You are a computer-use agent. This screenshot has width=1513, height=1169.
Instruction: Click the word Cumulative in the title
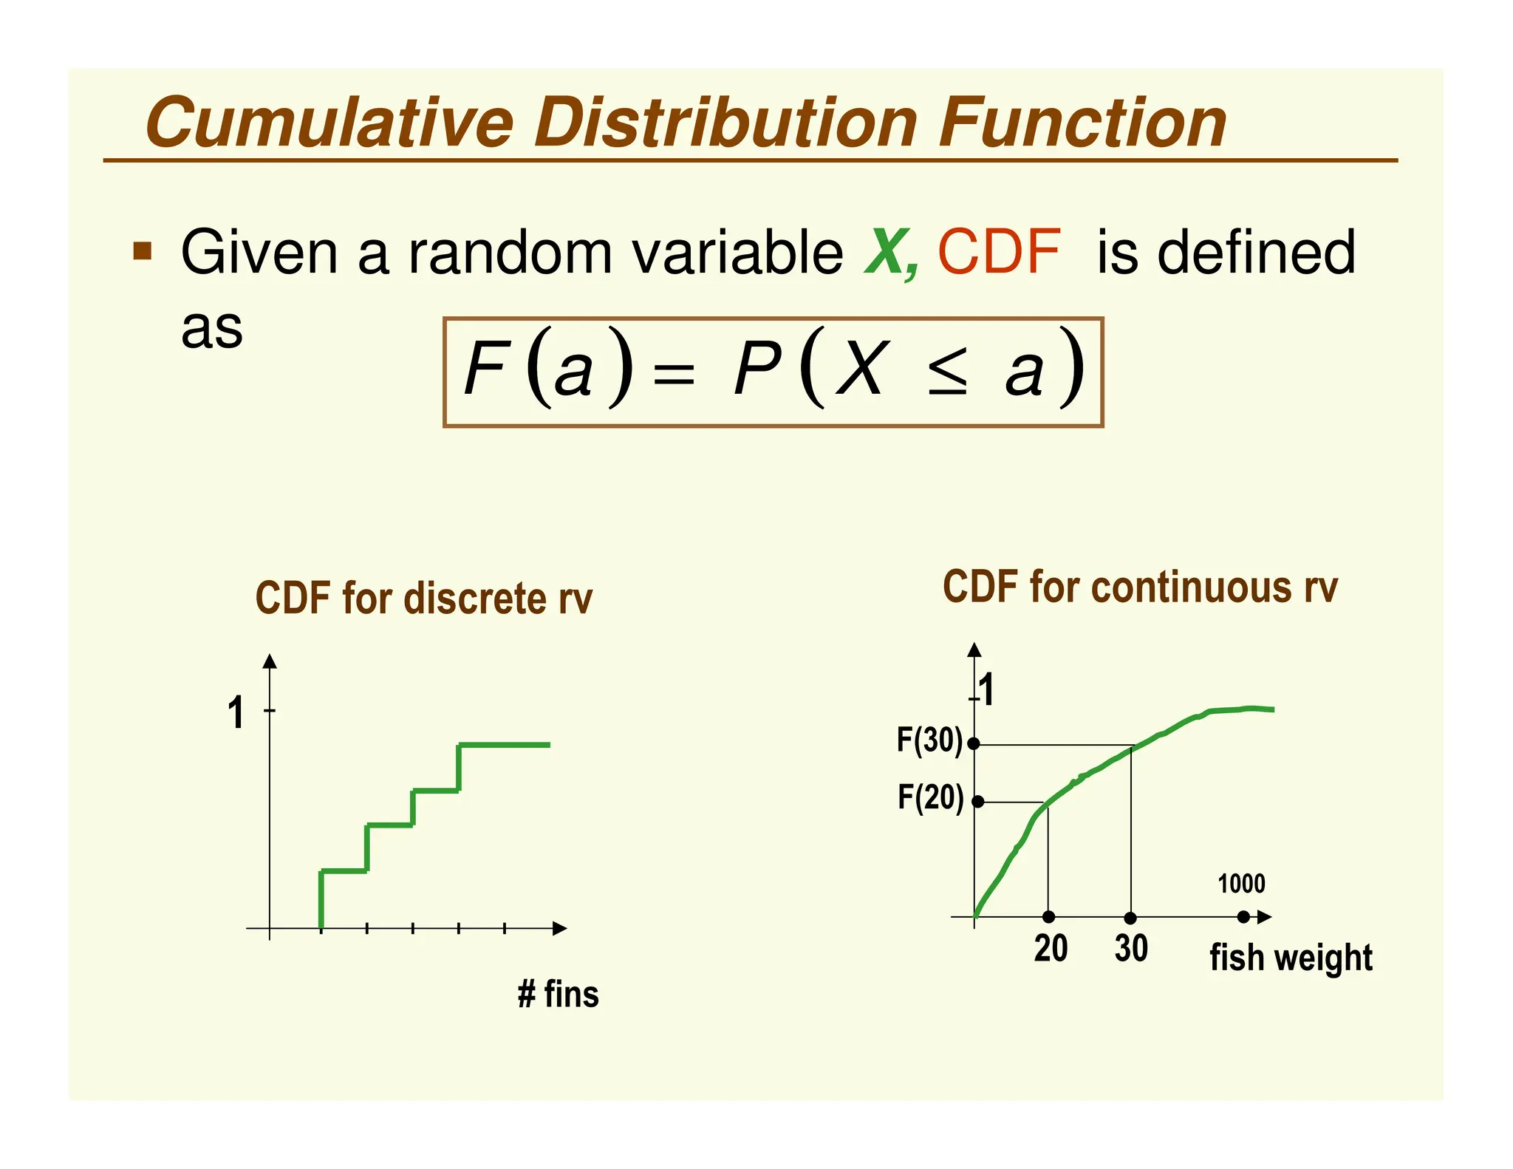point(329,123)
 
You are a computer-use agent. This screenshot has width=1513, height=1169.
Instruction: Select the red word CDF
point(999,253)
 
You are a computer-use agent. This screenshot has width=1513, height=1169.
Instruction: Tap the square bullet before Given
point(143,251)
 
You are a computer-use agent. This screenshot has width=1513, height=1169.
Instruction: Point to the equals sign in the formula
point(674,373)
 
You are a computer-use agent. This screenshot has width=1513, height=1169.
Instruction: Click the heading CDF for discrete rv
point(423,599)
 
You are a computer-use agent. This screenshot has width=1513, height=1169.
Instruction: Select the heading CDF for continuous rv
point(1139,588)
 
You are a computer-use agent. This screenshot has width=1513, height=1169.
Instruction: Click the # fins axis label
point(558,994)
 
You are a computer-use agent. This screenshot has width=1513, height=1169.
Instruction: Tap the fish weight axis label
point(1291,958)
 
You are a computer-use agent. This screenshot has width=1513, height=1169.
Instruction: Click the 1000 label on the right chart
point(1241,884)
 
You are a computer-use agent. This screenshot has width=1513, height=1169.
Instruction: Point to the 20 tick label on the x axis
point(1051,949)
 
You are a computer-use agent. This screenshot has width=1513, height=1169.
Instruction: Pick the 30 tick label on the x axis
point(1131,949)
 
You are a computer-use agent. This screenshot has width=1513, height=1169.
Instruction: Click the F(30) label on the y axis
point(929,740)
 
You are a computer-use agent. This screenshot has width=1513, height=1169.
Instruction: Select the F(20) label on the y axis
point(930,798)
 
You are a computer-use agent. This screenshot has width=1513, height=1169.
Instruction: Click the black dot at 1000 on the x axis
point(1243,917)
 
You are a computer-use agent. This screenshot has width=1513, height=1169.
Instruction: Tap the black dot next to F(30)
point(974,744)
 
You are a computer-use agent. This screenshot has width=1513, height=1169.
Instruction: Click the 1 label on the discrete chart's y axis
point(236,714)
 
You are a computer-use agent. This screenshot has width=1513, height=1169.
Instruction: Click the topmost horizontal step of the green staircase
point(505,745)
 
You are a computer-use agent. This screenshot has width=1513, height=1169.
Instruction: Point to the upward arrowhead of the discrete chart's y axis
point(270,661)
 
